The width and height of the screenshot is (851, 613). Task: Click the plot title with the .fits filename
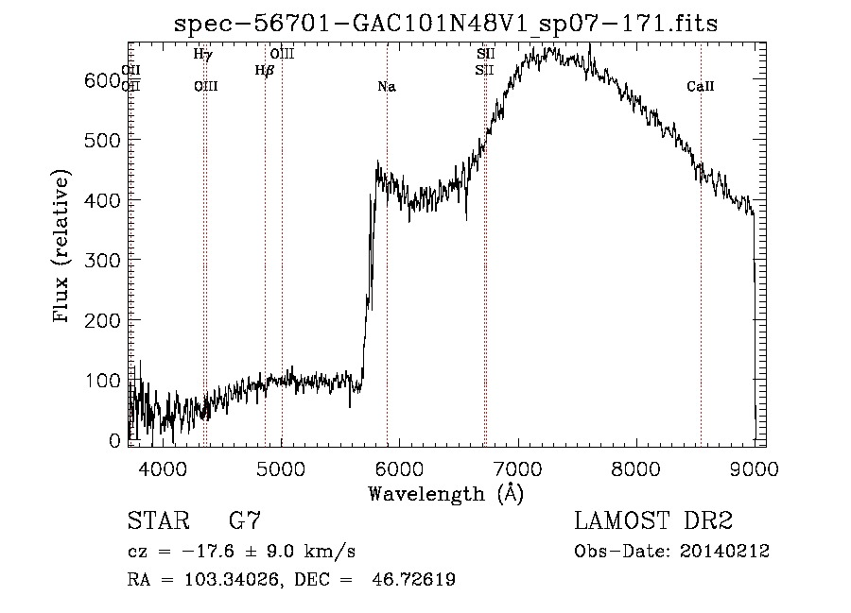pyautogui.click(x=446, y=24)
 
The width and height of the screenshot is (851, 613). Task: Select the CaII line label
pyautogui.click(x=700, y=87)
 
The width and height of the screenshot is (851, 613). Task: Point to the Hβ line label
pyautogui.click(x=264, y=70)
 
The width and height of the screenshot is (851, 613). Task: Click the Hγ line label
pyautogui.click(x=202, y=55)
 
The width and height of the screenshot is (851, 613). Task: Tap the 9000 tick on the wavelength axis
pyautogui.click(x=753, y=468)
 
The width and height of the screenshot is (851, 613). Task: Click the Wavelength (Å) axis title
pyautogui.click(x=445, y=494)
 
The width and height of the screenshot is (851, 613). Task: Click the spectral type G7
pyautogui.click(x=245, y=521)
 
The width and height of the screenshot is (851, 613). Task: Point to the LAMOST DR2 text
pyautogui.click(x=653, y=521)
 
